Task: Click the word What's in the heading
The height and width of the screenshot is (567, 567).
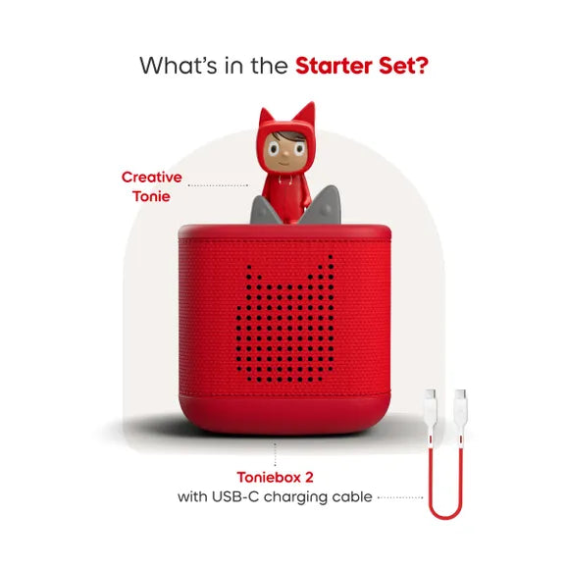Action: pos(178,67)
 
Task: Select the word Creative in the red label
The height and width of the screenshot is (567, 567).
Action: pos(151,177)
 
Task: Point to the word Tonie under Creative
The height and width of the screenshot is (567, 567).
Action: pos(151,196)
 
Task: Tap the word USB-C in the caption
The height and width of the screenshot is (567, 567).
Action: pos(236,497)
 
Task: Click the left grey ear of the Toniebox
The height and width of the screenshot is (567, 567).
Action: pos(261,209)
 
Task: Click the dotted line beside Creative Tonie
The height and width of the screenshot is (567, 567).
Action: pos(218,184)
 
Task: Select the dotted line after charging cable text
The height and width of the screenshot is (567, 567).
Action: pos(399,497)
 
